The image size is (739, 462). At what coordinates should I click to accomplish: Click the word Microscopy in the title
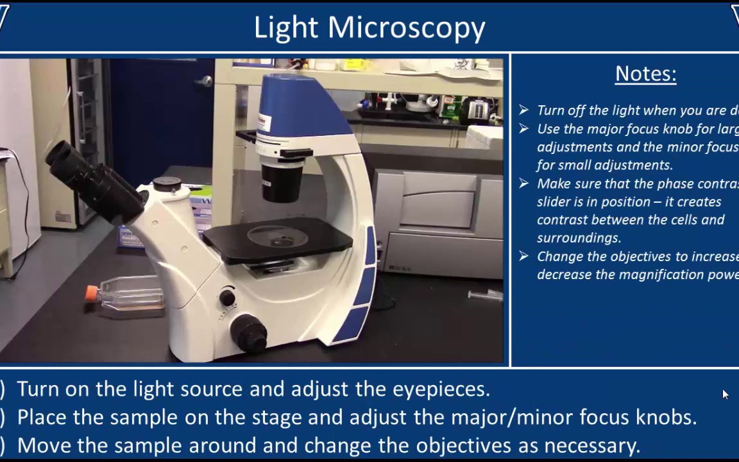[407, 28]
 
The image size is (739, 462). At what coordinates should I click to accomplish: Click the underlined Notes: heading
[645, 74]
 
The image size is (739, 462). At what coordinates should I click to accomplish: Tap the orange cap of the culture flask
[92, 294]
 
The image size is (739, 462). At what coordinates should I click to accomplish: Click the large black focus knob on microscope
[248, 332]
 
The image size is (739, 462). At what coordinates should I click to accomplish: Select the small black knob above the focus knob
[227, 297]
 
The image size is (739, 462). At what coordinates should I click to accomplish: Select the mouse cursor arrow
[725, 394]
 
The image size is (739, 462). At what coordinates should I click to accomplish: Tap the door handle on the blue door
[205, 81]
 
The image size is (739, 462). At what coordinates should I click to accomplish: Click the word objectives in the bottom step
[468, 445]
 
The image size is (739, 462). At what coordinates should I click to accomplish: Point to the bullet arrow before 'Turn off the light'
[524, 110]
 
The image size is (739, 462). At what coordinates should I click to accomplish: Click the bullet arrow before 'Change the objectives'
[524, 257]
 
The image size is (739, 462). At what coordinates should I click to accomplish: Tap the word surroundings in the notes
[579, 238]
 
